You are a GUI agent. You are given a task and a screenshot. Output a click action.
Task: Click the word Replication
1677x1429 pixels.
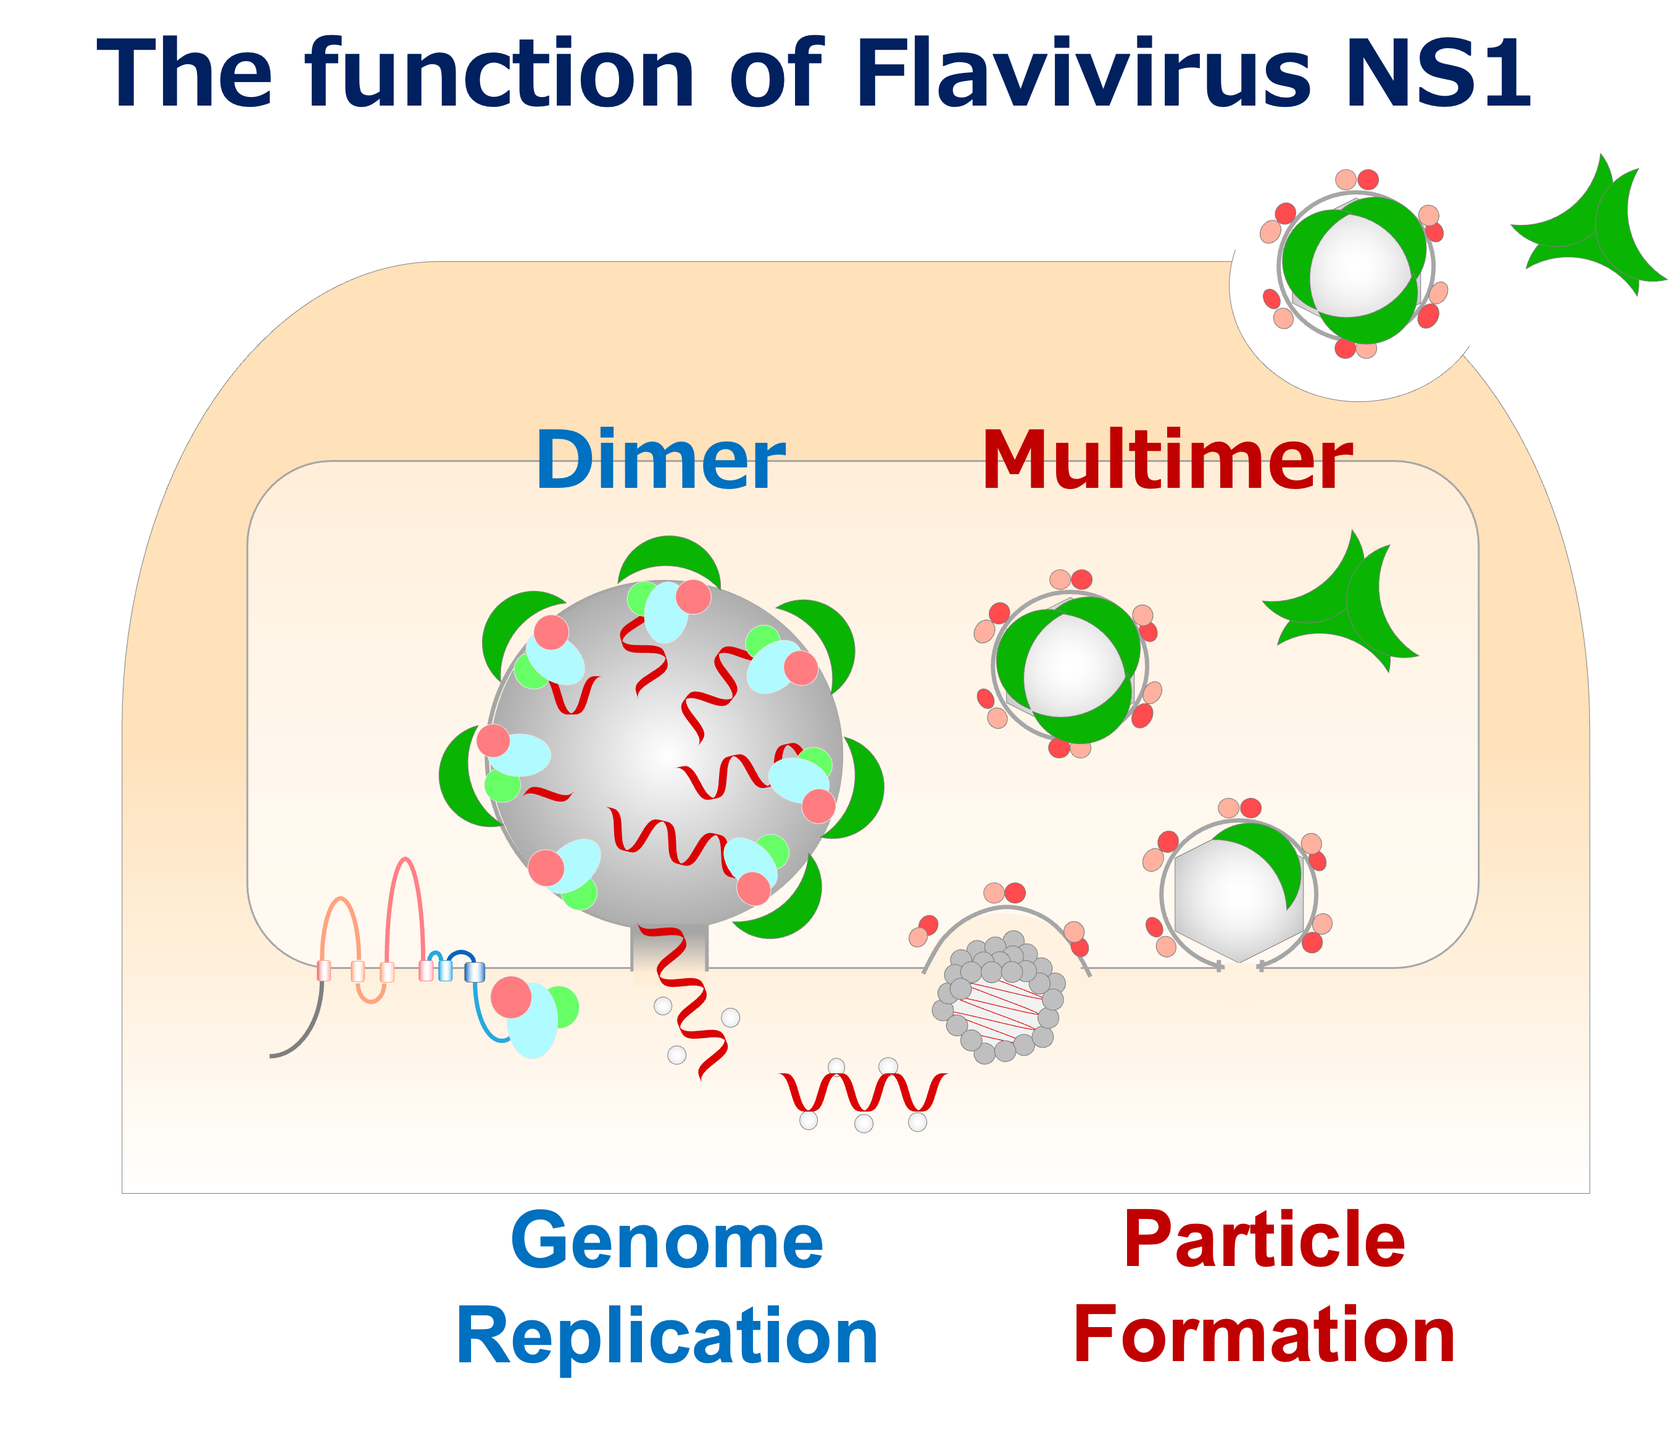click(x=667, y=1336)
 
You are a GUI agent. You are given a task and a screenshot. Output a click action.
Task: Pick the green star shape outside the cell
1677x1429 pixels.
click(x=1586, y=235)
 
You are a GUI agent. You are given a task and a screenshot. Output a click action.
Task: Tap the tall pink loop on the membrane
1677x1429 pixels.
click(x=406, y=899)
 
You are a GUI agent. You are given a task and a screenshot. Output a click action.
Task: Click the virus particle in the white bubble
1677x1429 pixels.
click(x=1355, y=267)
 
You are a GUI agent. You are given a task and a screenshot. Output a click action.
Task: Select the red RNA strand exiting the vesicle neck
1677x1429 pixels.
click(x=692, y=1004)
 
